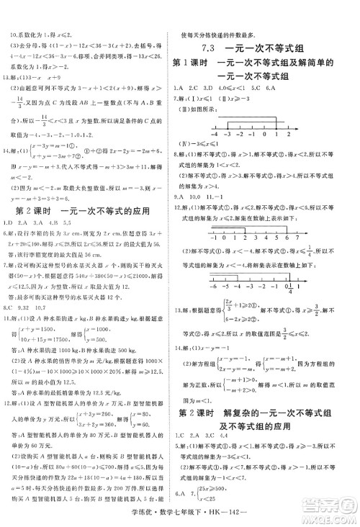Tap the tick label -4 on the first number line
[x=215, y=134]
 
